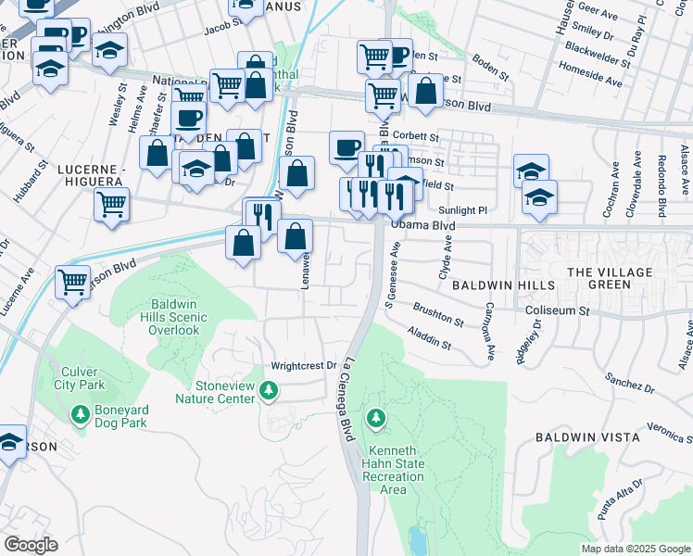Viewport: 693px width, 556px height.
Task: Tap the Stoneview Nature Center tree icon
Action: coord(269,390)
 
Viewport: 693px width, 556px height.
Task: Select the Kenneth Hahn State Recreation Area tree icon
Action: coord(375,420)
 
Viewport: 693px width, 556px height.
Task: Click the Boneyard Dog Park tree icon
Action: coord(82,413)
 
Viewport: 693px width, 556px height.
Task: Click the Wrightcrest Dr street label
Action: coord(303,366)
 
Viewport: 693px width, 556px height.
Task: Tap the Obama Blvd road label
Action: coord(422,225)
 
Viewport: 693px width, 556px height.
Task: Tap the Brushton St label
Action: coord(439,315)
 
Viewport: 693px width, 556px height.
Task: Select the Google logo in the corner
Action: coord(30,545)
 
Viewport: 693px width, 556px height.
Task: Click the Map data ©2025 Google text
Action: coord(635,549)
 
